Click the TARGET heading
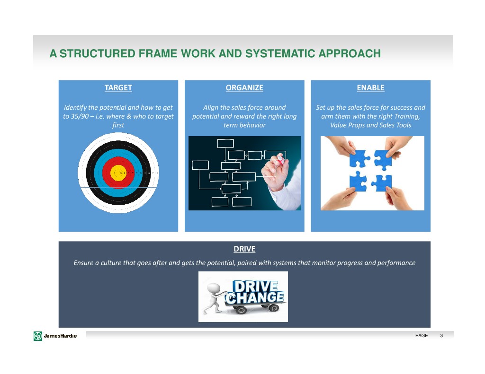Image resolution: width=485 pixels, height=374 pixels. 118,88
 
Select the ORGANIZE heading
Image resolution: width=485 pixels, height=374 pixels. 244,88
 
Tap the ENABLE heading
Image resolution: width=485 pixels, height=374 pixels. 370,88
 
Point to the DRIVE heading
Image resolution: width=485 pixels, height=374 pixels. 244,249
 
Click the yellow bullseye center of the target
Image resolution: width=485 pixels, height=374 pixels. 118,173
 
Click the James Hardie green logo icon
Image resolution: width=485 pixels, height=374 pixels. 38,336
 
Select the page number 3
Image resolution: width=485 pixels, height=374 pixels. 441,335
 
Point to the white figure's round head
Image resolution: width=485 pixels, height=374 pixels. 214,288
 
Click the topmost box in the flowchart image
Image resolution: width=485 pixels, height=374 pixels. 225,143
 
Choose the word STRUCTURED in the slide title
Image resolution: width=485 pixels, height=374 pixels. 98,53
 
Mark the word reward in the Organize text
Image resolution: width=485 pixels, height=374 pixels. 244,116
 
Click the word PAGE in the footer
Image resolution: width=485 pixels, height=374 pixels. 422,335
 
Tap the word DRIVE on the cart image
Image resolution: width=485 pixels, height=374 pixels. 255,286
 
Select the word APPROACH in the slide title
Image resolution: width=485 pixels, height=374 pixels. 350,53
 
